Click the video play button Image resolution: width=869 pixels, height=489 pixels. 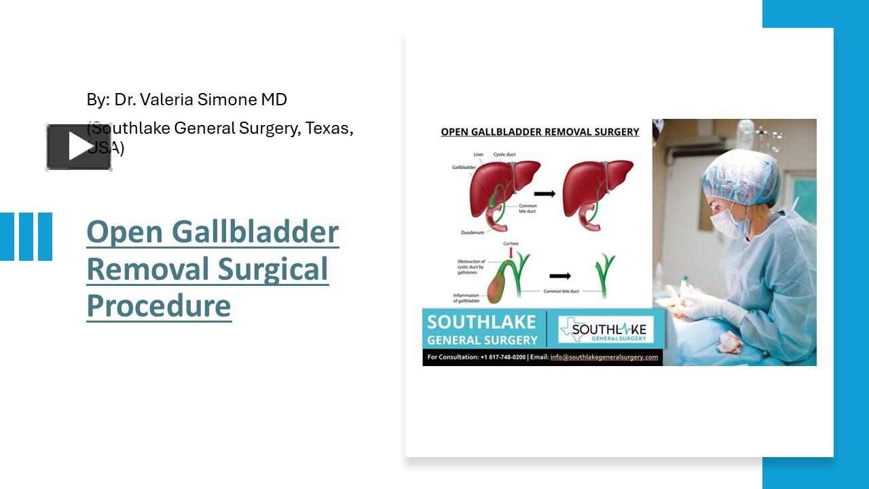tap(79, 147)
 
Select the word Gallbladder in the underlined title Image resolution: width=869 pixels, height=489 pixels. tap(255, 232)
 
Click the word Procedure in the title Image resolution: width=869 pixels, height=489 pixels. tap(159, 306)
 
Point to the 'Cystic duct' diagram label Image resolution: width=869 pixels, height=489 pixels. tap(504, 155)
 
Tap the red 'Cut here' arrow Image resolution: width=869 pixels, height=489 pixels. tap(510, 253)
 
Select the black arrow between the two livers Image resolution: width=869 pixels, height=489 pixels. tap(544, 194)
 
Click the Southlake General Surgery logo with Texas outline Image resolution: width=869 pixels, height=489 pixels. tap(606, 331)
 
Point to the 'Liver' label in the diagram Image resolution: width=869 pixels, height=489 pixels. tap(479, 155)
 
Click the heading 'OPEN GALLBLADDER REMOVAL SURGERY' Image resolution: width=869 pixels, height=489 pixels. tap(540, 132)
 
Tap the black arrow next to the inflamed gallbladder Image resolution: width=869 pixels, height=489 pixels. tap(560, 276)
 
